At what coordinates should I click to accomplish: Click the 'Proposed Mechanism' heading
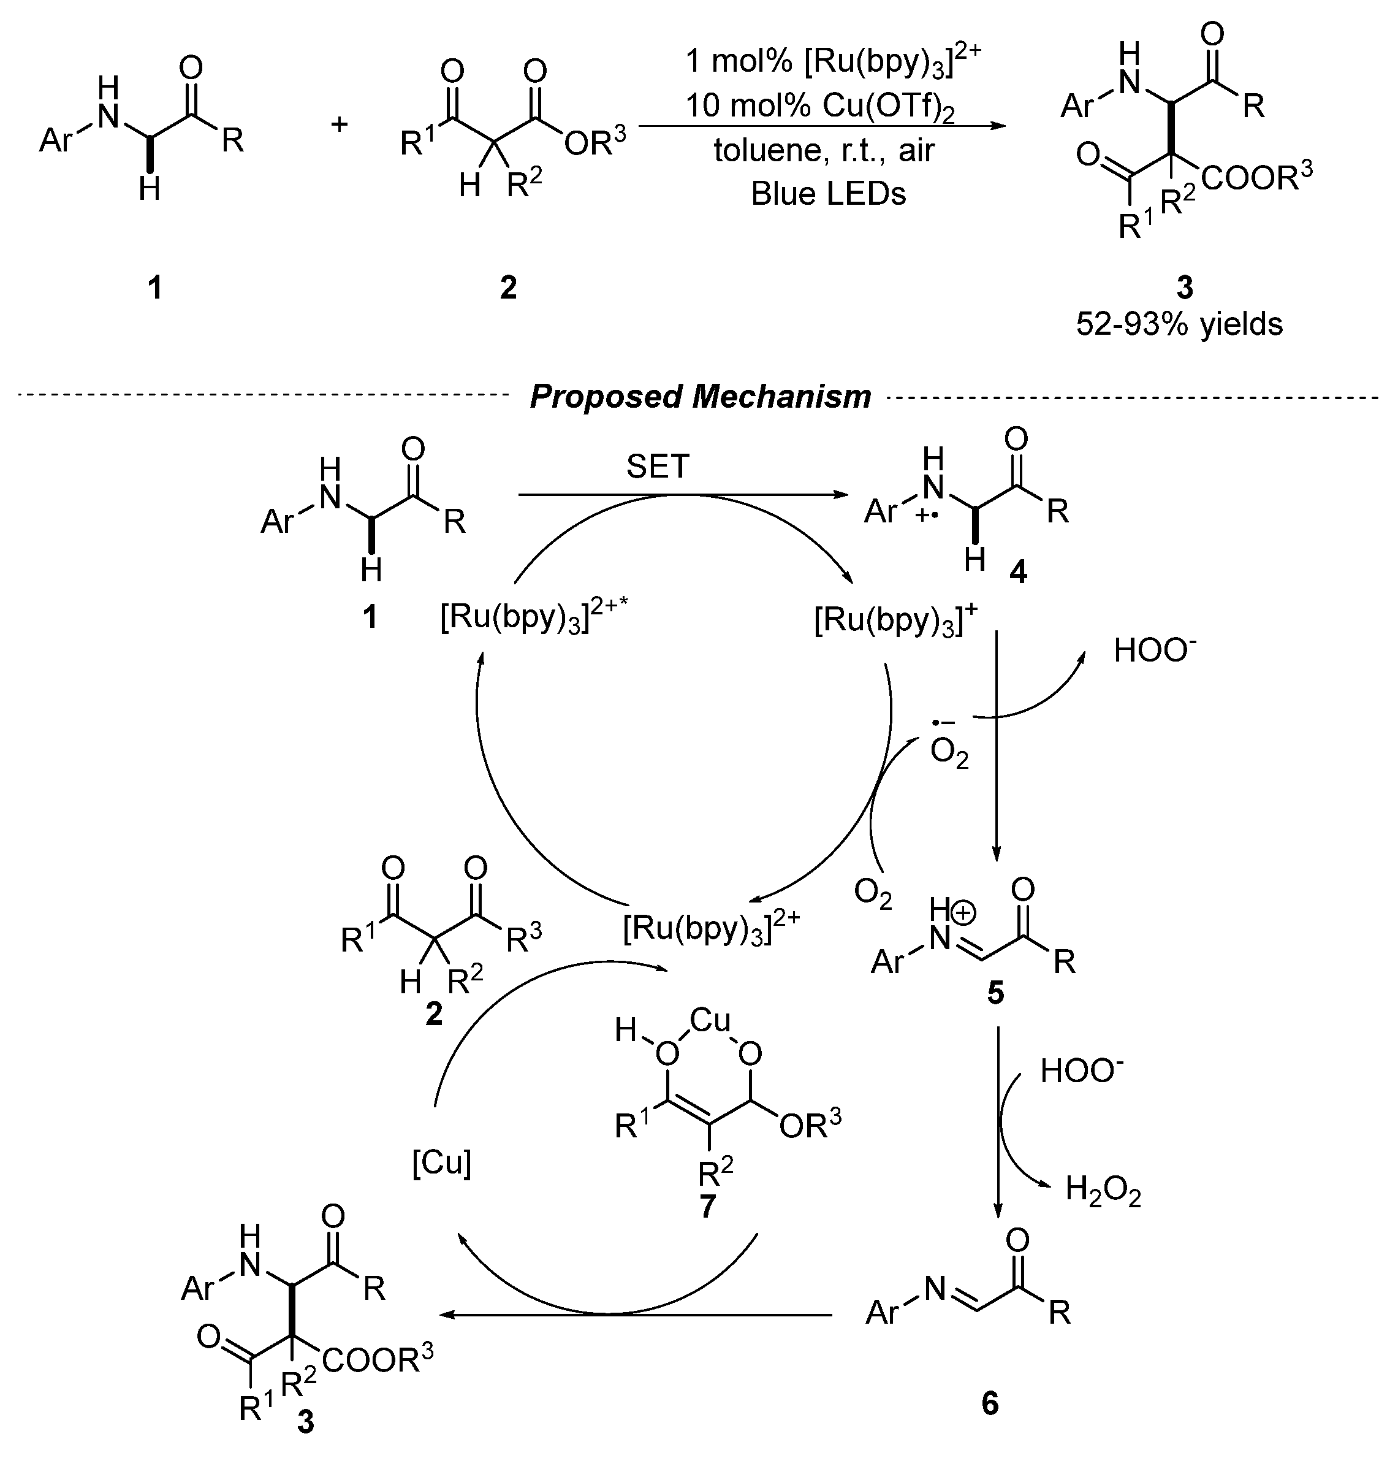(700, 397)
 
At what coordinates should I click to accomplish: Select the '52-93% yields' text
(1179, 324)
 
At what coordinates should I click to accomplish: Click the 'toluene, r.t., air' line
(824, 151)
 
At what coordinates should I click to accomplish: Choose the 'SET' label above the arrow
(658, 467)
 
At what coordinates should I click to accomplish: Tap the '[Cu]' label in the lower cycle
(442, 1162)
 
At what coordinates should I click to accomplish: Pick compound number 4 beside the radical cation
(1018, 572)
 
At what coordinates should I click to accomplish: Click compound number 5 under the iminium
(995, 993)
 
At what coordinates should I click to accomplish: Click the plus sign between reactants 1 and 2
(339, 123)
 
